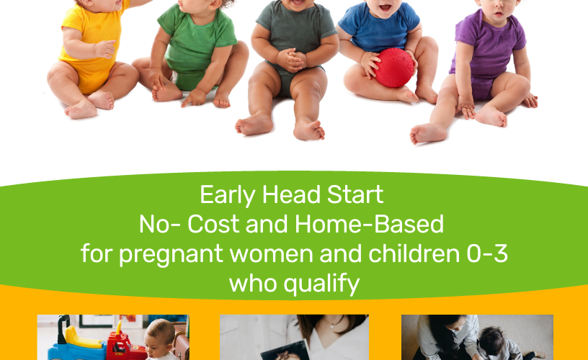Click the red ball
[394, 68]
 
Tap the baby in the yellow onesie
[92, 56]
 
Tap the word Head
[291, 194]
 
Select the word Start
[355, 194]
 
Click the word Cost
[213, 224]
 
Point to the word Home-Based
[370, 224]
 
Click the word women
[271, 253]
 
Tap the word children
[414, 253]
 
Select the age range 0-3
[487, 253]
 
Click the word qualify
[321, 284]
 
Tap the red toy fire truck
[125, 343]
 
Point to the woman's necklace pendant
[332, 326]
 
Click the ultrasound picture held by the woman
[285, 351]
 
